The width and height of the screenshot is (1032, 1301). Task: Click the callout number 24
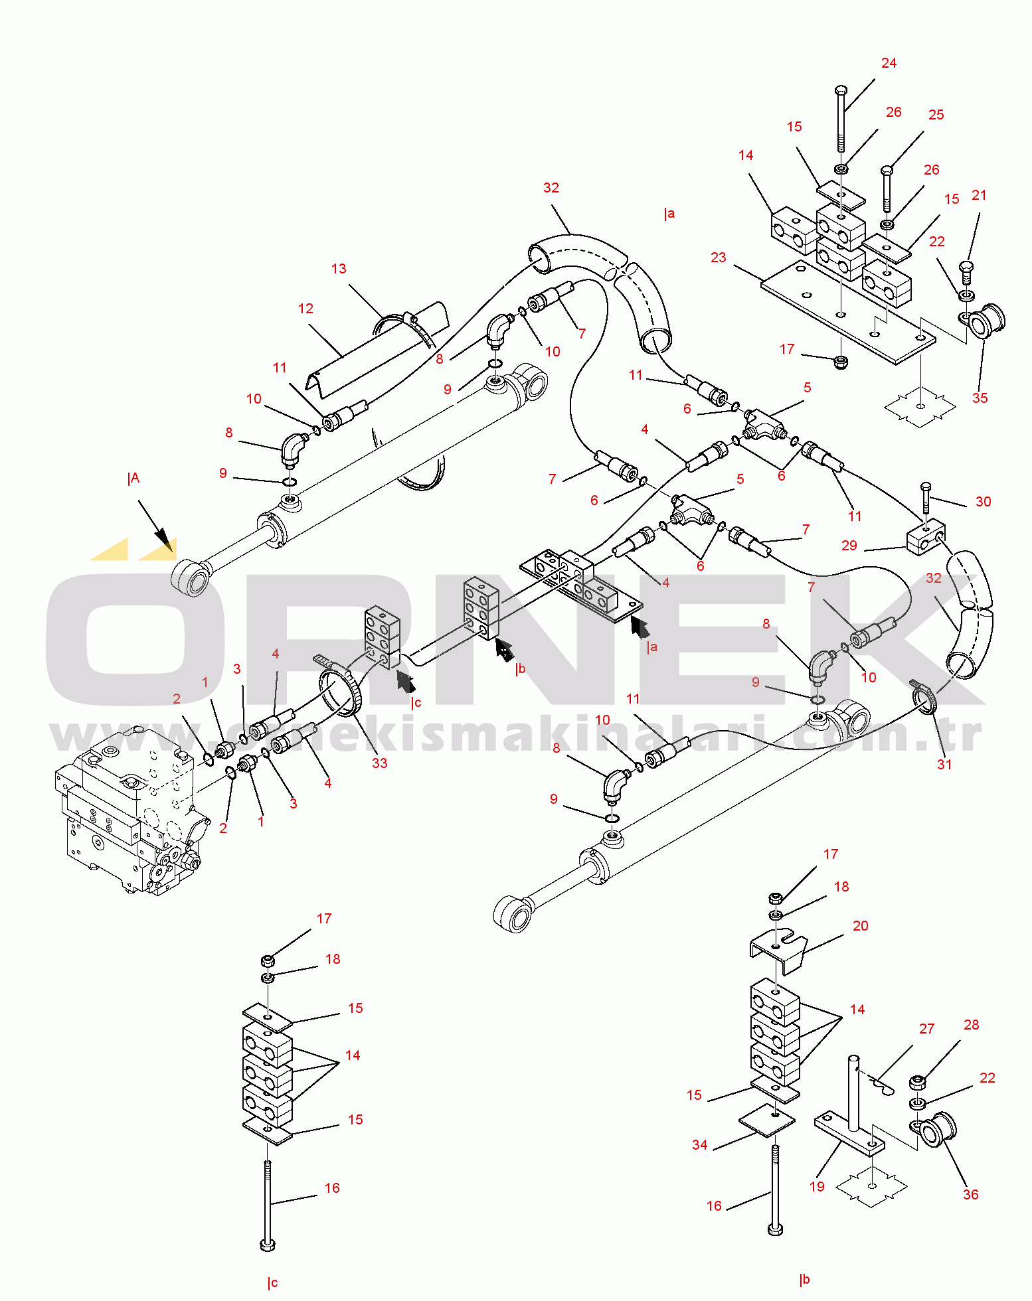point(889,63)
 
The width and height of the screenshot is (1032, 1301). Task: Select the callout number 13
point(339,269)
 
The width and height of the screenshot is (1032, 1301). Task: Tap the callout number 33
point(379,763)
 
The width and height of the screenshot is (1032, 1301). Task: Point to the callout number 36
point(970,1195)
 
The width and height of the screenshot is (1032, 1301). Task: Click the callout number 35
point(980,398)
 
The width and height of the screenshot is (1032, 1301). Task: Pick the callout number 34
point(699,1145)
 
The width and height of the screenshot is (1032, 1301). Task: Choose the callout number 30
point(983,502)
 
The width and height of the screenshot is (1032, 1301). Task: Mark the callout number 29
point(849,546)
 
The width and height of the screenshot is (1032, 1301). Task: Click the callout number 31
point(944,765)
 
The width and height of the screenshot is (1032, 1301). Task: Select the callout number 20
point(860,926)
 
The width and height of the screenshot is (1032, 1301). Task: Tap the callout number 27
point(926,1029)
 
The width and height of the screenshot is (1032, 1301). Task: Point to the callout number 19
point(817,1187)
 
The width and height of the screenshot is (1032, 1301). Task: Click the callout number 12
point(305,309)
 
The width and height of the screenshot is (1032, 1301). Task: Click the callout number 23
point(718,258)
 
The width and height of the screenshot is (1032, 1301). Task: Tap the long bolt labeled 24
point(840,119)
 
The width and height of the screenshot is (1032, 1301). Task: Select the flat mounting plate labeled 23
point(848,312)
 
